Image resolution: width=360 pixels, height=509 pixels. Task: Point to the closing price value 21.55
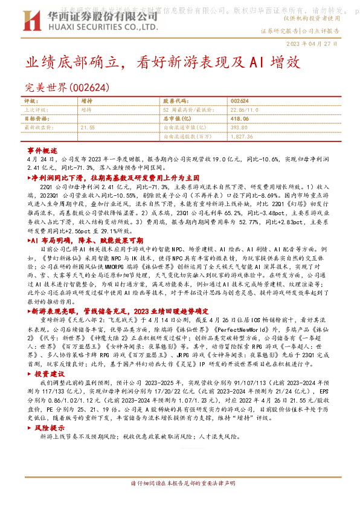pyautogui.click(x=88, y=128)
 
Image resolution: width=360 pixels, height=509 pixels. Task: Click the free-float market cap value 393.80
pyautogui.click(x=240, y=128)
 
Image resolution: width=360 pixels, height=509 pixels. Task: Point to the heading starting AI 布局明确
pyautogui.click(x=85, y=241)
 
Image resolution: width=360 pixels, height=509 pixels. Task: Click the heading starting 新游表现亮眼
pyautogui.click(x=120, y=309)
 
